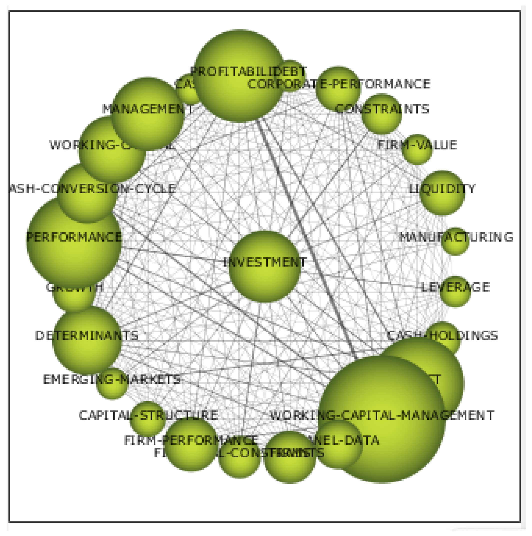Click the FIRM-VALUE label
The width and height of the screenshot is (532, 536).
pyautogui.click(x=417, y=145)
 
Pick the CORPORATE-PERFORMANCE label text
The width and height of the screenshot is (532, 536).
pyautogui.click(x=339, y=84)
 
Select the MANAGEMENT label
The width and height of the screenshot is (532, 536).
pyautogui.click(x=148, y=109)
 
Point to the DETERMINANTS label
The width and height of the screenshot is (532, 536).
pyautogui.click(x=86, y=336)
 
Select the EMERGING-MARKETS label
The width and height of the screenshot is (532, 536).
pyautogui.click(x=111, y=379)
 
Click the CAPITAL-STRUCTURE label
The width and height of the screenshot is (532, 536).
pyautogui.click(x=148, y=415)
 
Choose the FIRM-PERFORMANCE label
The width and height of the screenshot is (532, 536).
pyautogui.click(x=191, y=440)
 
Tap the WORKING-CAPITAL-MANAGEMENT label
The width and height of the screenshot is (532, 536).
pyautogui.click(x=382, y=415)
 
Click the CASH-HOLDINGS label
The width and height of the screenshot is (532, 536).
pyautogui.click(x=442, y=336)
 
